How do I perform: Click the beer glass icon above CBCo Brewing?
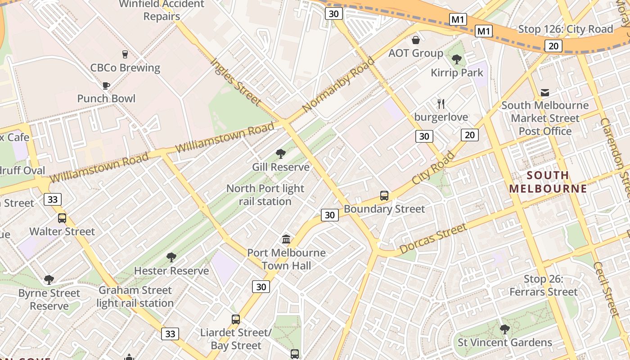[x=125, y=54]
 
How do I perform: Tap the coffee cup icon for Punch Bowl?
[x=106, y=85]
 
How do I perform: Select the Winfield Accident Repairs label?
[x=162, y=10]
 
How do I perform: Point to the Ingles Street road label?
[x=236, y=82]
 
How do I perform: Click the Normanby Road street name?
[x=338, y=85]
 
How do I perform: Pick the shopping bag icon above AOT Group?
[x=416, y=40]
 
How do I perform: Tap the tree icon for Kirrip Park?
[x=457, y=59]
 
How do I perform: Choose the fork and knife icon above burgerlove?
[x=441, y=104]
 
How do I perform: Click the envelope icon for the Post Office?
[x=545, y=93]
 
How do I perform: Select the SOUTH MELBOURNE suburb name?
[x=548, y=182]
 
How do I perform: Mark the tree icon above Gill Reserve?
[x=281, y=154]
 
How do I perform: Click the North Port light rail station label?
[x=265, y=195]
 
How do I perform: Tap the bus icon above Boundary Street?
[x=384, y=196]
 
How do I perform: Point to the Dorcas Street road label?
[x=433, y=238]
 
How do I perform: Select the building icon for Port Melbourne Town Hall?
[x=286, y=239]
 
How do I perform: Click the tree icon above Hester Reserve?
[x=171, y=257]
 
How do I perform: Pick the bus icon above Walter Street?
[x=62, y=218]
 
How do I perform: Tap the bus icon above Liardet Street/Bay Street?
[x=236, y=319]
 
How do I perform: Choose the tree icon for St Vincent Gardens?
[x=504, y=329]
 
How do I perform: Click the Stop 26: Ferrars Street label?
[x=543, y=286]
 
